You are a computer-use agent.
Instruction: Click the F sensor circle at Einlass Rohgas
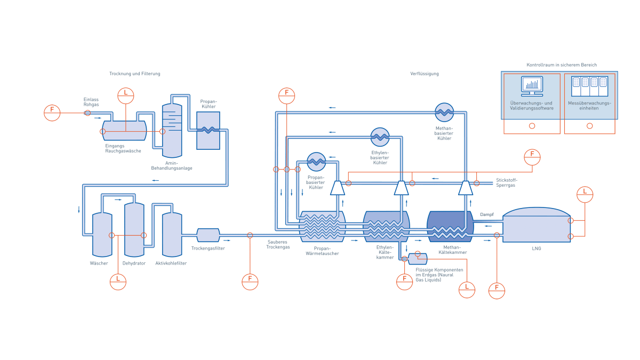click(x=52, y=113)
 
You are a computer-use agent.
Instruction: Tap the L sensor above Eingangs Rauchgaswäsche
click(x=126, y=95)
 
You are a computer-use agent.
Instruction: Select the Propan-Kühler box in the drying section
click(x=209, y=131)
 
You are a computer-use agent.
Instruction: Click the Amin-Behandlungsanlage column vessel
click(x=172, y=131)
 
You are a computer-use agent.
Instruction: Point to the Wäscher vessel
click(x=102, y=235)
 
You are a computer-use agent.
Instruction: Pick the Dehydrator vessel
click(x=134, y=230)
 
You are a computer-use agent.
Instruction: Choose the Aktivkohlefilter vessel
click(x=172, y=235)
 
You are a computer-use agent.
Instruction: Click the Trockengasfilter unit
click(x=209, y=235)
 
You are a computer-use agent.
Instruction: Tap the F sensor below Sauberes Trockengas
click(x=250, y=282)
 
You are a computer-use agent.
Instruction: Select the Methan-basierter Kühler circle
click(x=444, y=113)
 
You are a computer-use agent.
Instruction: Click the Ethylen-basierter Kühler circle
click(x=380, y=137)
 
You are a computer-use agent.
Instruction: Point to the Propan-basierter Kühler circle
click(x=316, y=162)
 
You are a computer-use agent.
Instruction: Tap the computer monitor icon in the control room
click(x=532, y=86)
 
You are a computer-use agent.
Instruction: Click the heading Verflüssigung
click(x=425, y=74)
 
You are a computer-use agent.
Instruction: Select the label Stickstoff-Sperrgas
click(x=507, y=182)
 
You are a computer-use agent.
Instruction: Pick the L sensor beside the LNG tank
click(x=585, y=195)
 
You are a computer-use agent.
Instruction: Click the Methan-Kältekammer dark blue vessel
click(x=450, y=227)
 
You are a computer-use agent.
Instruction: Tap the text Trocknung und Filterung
click(x=135, y=74)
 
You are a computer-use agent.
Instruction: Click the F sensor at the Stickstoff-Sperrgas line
click(x=532, y=157)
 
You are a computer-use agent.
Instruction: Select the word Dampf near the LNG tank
click(x=487, y=214)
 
